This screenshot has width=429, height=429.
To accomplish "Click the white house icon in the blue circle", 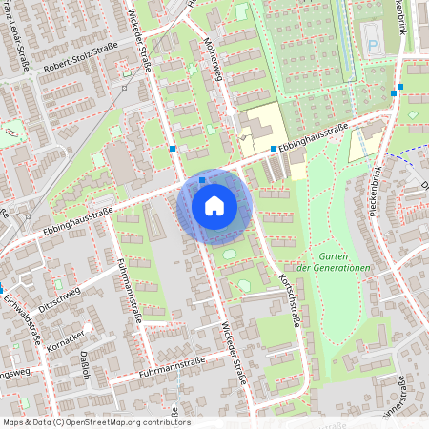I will pos(214,206).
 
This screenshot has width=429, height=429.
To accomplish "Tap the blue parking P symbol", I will pos(371,44).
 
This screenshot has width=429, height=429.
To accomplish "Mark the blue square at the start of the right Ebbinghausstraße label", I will pos(273,149).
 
